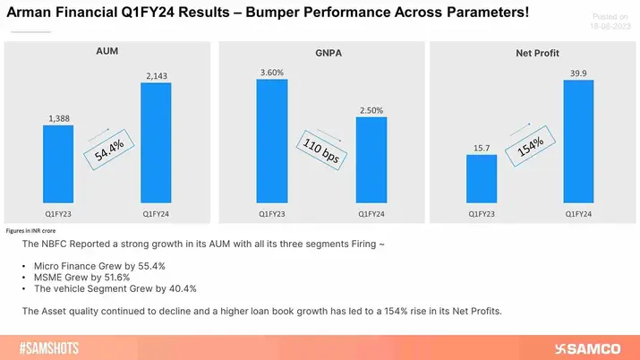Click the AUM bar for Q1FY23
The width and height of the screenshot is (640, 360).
(58, 166)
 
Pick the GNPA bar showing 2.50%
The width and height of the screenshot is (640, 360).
(371, 162)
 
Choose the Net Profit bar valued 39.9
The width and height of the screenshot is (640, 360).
(579, 143)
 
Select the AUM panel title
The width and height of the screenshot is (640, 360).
(107, 52)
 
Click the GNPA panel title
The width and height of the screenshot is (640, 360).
(320, 52)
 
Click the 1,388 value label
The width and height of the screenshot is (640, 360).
(58, 116)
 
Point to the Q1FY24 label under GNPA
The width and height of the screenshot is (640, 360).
(371, 215)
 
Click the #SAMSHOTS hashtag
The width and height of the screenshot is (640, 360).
(53, 346)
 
